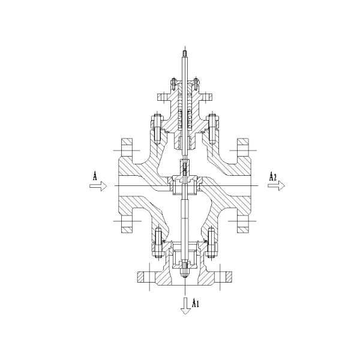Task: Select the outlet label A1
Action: [x=195, y=303]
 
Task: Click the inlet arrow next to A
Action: [x=98, y=186]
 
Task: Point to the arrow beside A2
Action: [x=276, y=185]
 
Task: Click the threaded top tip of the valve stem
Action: [x=185, y=54]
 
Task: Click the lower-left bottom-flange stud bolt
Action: [x=158, y=244]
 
